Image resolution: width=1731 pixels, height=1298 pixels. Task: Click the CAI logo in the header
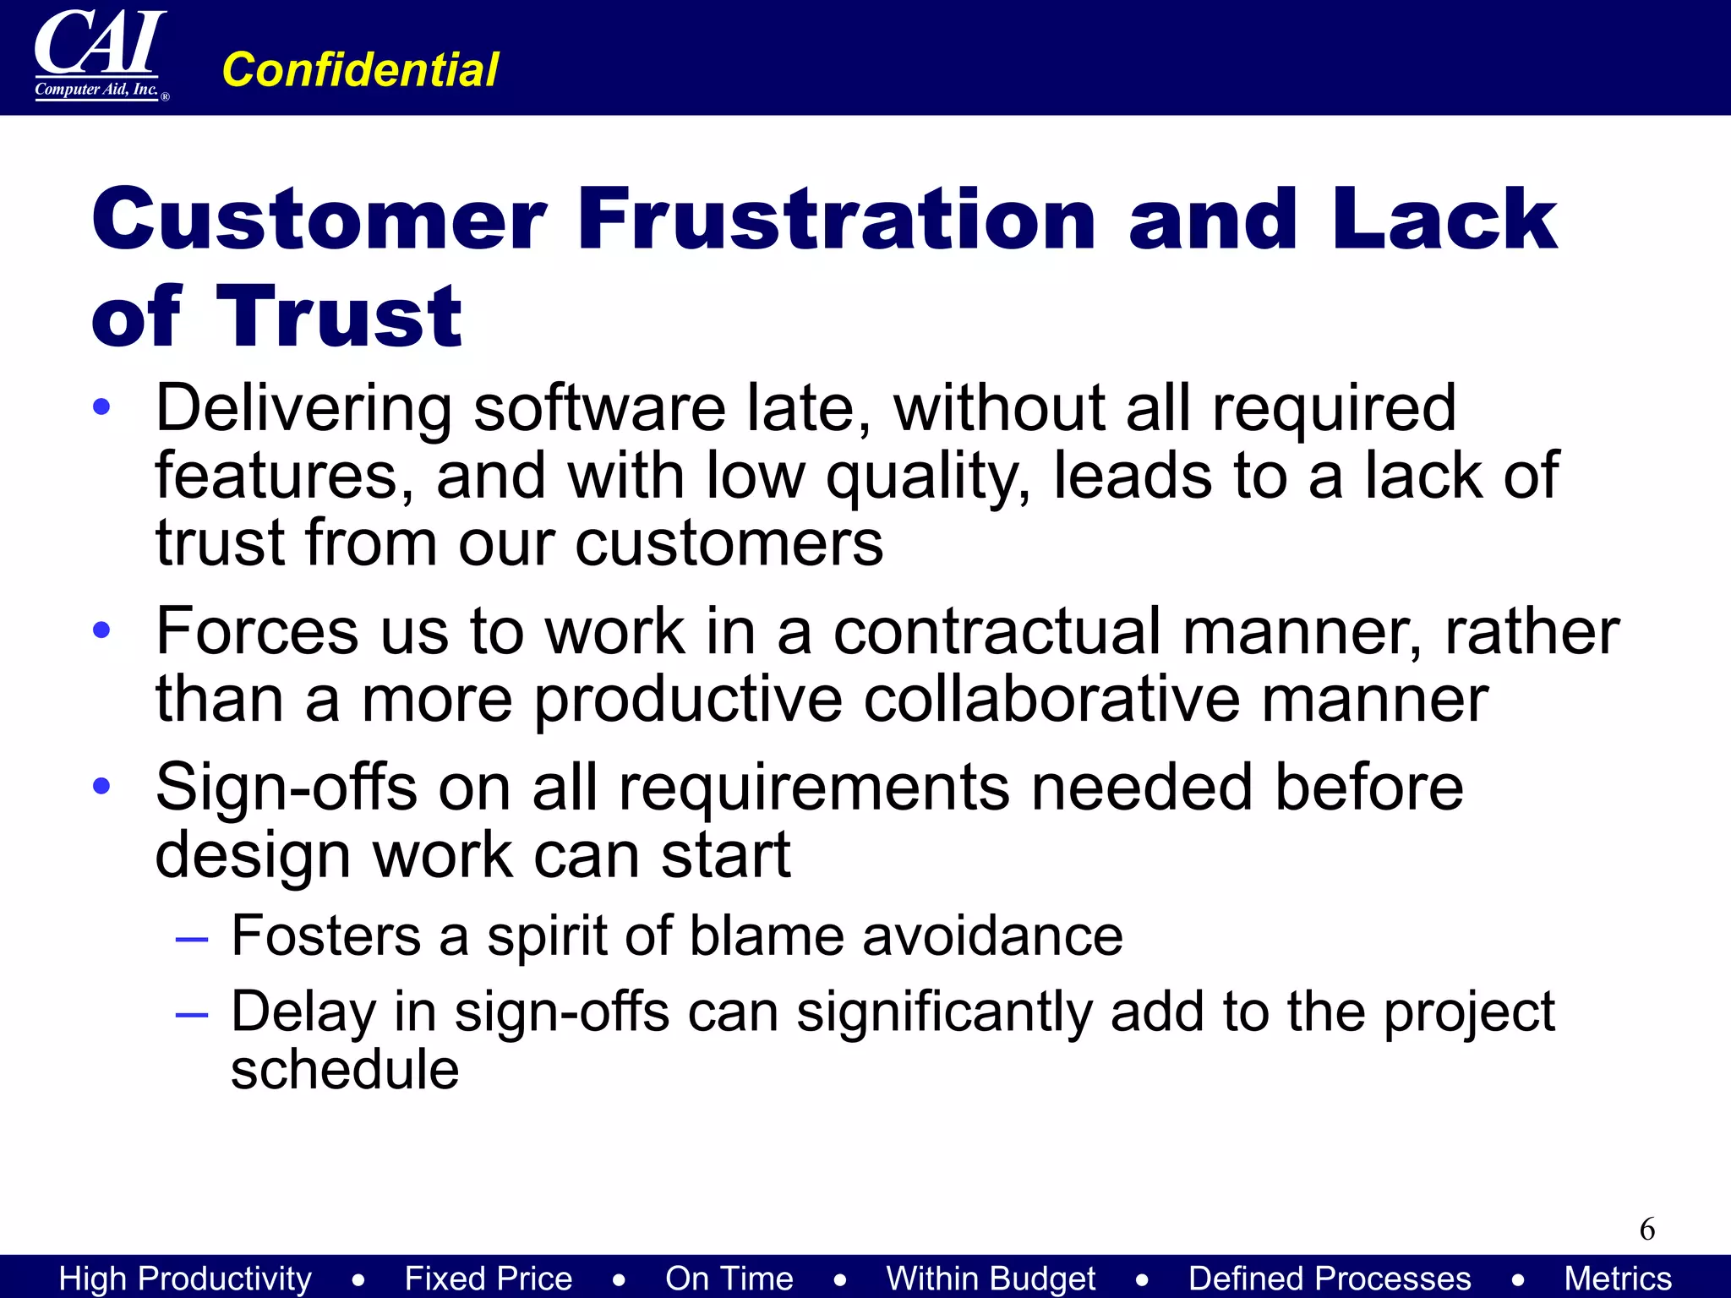click(100, 55)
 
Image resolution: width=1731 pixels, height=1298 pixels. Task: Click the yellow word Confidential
click(360, 69)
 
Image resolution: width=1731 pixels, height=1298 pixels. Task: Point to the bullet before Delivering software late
click(102, 407)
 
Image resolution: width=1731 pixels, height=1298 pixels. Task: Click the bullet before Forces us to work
click(102, 630)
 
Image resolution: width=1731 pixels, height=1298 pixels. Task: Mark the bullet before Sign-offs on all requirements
click(102, 786)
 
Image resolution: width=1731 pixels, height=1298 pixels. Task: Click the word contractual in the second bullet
click(997, 632)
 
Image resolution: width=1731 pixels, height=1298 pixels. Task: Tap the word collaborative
click(1051, 700)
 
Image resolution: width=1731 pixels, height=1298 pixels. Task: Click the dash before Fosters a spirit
click(192, 938)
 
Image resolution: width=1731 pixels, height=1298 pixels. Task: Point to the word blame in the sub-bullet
click(766, 936)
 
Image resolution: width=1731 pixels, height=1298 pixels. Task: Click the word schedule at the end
click(345, 1070)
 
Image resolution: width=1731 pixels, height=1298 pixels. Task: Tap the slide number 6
click(1646, 1229)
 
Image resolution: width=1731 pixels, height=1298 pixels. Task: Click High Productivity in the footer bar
click(185, 1278)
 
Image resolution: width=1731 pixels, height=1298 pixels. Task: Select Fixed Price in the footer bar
click(488, 1278)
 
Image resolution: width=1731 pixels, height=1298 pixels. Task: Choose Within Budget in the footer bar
click(991, 1278)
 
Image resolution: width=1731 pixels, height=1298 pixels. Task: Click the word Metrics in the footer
click(1618, 1278)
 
